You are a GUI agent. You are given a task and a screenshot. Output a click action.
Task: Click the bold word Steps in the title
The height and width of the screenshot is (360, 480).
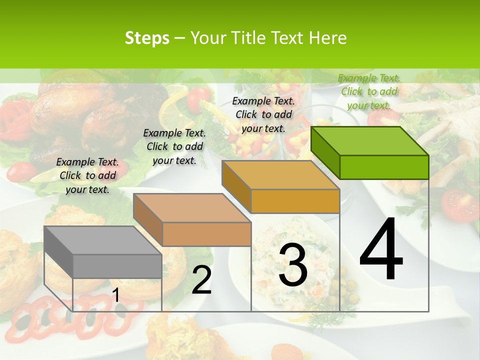(x=147, y=38)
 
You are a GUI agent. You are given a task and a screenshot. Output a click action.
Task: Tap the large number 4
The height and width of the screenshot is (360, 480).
(x=381, y=250)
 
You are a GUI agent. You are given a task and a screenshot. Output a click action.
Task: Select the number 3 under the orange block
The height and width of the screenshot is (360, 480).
(x=293, y=265)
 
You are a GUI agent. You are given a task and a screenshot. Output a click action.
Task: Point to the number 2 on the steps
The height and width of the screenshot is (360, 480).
(x=201, y=280)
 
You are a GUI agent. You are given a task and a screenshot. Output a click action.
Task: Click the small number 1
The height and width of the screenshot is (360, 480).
(x=115, y=295)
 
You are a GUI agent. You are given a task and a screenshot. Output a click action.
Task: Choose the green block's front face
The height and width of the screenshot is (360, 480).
(x=384, y=167)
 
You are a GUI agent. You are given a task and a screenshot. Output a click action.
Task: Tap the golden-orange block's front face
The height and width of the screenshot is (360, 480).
(x=295, y=201)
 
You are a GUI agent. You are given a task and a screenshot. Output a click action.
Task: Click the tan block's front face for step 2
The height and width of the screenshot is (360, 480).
(x=206, y=234)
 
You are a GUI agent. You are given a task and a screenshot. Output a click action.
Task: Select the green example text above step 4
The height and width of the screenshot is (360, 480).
(x=369, y=91)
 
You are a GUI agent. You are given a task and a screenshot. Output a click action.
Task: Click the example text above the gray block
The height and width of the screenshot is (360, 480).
(x=87, y=175)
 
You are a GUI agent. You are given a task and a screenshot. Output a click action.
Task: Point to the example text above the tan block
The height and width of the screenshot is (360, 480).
(x=174, y=146)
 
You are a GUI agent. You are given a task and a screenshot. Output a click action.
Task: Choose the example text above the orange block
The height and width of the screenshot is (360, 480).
(x=263, y=114)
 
